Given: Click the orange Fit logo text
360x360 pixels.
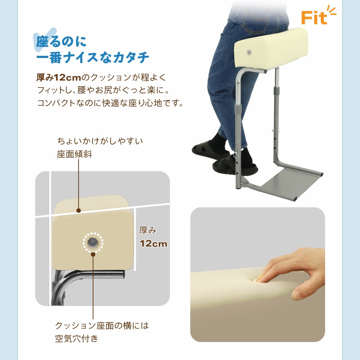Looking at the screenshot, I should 314,17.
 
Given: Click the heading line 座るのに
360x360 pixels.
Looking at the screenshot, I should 62,41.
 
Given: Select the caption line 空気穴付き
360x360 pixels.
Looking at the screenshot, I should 76,339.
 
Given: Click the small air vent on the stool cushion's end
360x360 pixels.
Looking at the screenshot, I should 248,53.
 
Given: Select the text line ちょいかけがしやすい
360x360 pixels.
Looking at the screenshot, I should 100,141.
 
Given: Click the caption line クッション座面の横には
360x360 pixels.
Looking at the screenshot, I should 102,326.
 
